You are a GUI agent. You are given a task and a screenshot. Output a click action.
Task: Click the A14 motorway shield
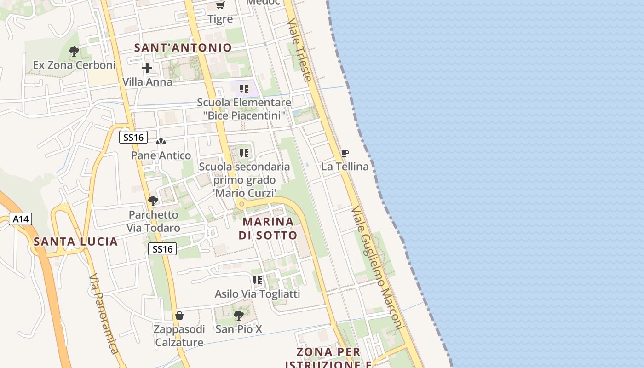[21, 219]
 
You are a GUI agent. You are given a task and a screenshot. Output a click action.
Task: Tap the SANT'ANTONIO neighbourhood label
[183, 47]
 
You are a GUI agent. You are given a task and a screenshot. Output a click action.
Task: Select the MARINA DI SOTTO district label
[268, 228]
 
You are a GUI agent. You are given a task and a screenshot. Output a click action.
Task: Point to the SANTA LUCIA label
[76, 241]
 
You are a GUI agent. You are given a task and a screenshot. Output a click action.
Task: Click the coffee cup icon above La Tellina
[345, 153]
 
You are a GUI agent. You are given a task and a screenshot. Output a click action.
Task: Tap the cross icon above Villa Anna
[147, 69]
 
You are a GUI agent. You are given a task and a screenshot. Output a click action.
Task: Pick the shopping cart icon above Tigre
[220, 6]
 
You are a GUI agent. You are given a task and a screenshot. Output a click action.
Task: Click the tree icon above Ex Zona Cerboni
[74, 52]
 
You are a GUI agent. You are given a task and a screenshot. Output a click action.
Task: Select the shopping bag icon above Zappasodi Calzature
[179, 316]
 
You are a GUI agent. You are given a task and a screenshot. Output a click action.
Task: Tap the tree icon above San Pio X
[238, 315]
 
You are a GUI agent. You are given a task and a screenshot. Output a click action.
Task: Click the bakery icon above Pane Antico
[161, 142]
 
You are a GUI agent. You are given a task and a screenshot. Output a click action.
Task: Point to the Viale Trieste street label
[299, 50]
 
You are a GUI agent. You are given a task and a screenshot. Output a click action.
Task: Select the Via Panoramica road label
[104, 314]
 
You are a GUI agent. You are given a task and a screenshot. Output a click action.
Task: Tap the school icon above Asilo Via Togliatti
[258, 280]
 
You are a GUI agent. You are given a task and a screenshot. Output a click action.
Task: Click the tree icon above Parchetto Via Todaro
[153, 201]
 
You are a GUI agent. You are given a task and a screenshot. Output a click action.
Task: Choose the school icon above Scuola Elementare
[244, 88]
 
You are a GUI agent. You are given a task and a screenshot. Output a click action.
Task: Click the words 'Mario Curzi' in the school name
[244, 193]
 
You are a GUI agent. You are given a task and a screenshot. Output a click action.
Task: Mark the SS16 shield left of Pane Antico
[133, 137]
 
